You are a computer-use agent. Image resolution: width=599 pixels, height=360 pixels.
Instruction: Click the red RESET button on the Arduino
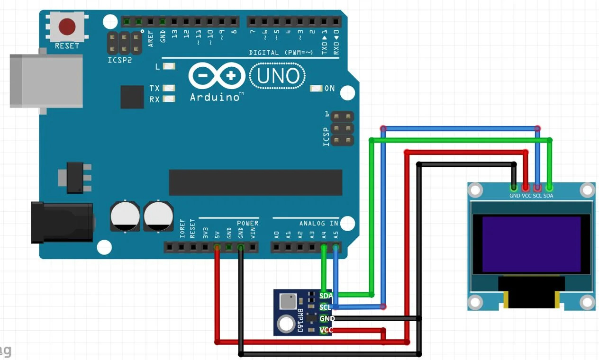coord(67,27)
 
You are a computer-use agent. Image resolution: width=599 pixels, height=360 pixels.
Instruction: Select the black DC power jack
coord(62,222)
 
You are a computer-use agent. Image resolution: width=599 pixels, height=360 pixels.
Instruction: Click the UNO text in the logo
coord(278,76)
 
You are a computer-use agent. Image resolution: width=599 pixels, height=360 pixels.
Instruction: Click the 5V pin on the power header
coord(217,247)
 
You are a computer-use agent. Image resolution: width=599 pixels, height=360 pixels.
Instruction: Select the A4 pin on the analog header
coord(324,247)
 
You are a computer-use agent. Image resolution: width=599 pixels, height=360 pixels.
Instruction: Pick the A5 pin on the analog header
coord(336,247)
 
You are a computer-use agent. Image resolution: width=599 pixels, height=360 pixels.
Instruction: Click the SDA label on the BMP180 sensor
coord(326,296)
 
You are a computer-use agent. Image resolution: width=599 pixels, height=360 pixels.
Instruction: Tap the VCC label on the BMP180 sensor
coord(326,330)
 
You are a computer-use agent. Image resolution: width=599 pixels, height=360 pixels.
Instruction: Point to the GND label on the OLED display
coord(515,196)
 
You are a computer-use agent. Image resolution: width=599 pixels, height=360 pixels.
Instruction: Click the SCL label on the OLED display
coord(537,196)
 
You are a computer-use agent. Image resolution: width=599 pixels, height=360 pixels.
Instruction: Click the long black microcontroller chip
coord(255,182)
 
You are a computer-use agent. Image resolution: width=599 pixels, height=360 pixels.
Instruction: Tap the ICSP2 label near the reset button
coord(119,61)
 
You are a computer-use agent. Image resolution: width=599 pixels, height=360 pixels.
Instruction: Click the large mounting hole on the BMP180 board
coord(286,324)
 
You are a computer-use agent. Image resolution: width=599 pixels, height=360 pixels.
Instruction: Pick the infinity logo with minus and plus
coord(218,76)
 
